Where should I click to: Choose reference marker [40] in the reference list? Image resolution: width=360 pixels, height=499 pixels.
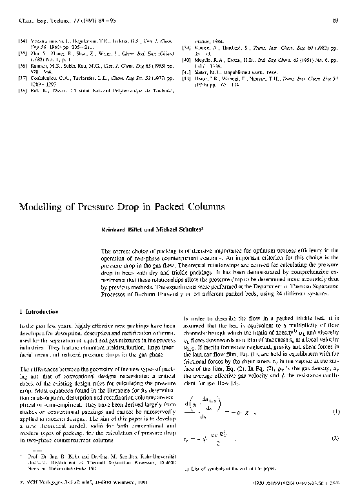[188, 60]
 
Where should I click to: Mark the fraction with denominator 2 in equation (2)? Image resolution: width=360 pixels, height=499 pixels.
[221, 441]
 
